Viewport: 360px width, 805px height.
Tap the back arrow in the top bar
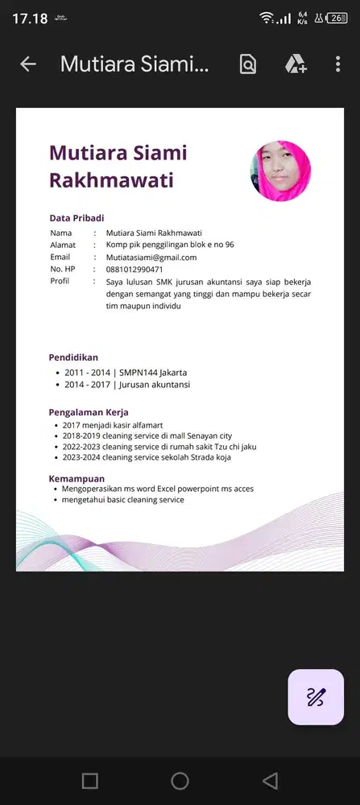point(28,64)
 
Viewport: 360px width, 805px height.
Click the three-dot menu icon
point(337,64)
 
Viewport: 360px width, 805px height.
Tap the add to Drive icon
point(296,64)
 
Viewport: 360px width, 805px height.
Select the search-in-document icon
point(248,64)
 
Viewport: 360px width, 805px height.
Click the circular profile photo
point(280,171)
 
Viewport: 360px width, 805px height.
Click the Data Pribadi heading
point(77,218)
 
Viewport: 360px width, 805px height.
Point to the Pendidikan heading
point(73,357)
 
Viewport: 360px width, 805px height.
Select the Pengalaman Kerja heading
point(89,412)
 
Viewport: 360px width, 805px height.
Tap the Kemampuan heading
point(77,478)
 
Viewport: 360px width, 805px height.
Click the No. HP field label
point(62,270)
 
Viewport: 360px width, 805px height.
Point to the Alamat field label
point(63,245)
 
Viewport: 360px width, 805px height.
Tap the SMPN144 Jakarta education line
point(126,373)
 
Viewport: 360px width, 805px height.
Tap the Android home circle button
point(180,780)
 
